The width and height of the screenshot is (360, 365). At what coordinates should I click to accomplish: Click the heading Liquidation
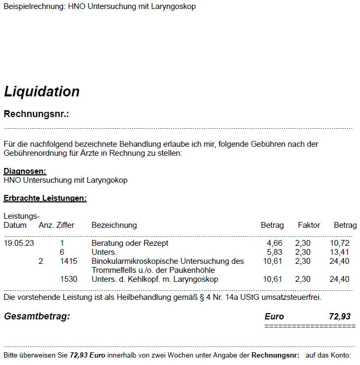click(x=41, y=92)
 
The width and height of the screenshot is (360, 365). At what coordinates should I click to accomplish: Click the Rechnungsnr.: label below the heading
click(x=37, y=114)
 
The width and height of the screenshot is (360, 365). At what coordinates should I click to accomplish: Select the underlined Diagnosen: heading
click(x=25, y=171)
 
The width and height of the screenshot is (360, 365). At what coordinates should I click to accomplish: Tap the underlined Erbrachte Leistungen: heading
click(x=45, y=199)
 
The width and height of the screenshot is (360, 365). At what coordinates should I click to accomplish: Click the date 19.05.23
click(x=19, y=243)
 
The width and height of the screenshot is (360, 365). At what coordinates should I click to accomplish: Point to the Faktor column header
click(x=309, y=225)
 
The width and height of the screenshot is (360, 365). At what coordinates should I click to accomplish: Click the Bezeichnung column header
click(x=114, y=225)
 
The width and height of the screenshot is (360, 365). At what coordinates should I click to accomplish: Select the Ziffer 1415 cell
click(x=69, y=261)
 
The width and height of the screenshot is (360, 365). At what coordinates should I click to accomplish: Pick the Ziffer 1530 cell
click(x=69, y=279)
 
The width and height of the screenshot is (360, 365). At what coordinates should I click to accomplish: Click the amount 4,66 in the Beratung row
click(x=275, y=243)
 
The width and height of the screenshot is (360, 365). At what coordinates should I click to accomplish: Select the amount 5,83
click(x=275, y=252)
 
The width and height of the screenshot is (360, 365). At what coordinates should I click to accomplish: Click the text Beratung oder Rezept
click(x=130, y=243)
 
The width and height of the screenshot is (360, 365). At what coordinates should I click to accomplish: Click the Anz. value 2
click(x=41, y=261)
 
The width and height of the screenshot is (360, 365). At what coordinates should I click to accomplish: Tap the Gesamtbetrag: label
click(x=37, y=316)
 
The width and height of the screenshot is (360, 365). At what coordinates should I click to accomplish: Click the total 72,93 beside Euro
click(x=339, y=316)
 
